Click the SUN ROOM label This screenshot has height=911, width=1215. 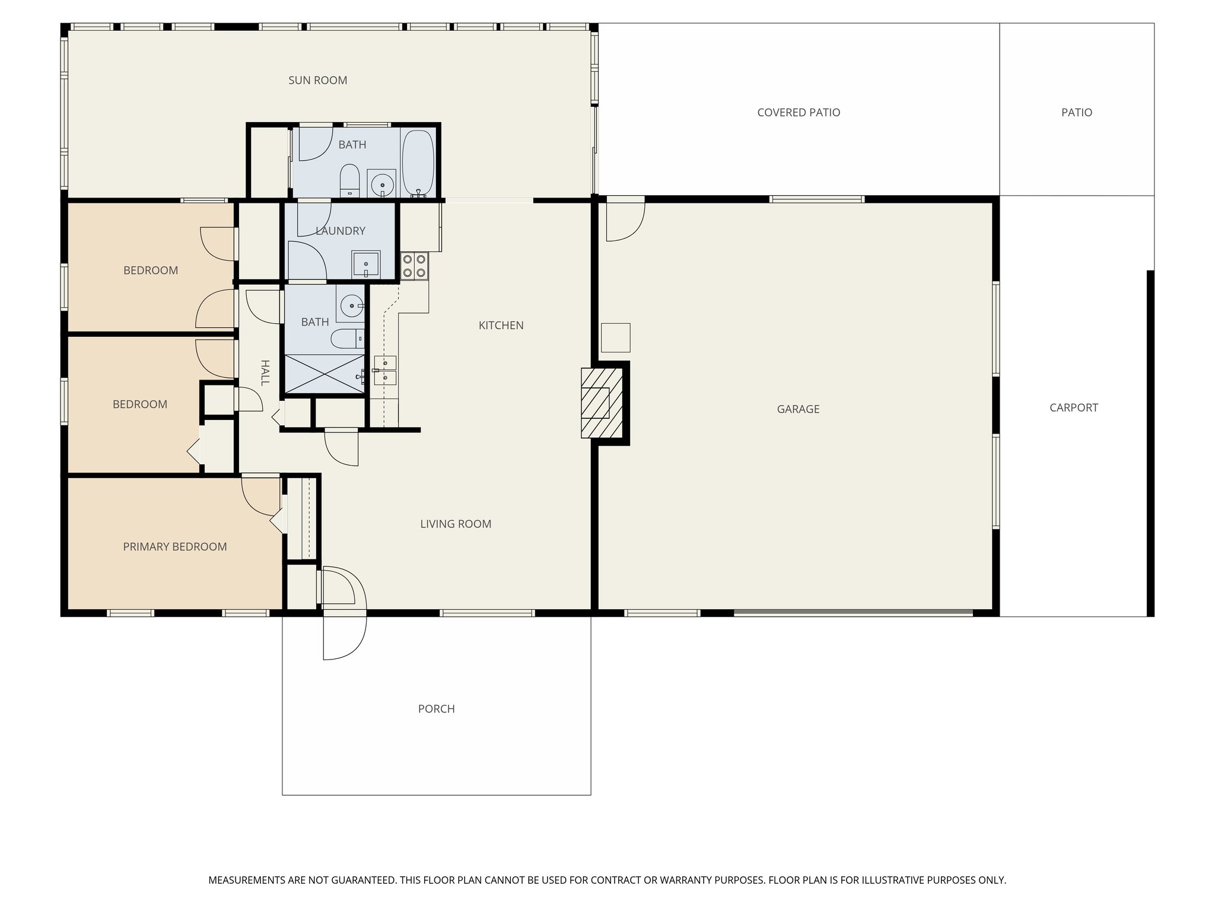317,80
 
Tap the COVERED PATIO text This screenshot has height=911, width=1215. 799,112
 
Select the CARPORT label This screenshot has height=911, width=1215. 1073,407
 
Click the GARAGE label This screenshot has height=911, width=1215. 798,409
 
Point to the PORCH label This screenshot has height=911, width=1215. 436,709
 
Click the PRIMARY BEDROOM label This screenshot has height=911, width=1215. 174,547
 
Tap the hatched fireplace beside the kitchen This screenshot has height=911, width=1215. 602,403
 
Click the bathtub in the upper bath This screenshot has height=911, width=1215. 418,161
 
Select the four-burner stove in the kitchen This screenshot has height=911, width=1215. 414,265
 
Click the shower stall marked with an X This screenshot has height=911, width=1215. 325,374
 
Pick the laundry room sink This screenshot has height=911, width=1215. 366,264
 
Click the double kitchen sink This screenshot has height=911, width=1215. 385,370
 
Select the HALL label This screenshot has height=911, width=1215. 265,372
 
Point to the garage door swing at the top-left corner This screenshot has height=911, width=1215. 624,221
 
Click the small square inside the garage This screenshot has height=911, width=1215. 615,337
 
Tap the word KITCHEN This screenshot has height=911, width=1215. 501,325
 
